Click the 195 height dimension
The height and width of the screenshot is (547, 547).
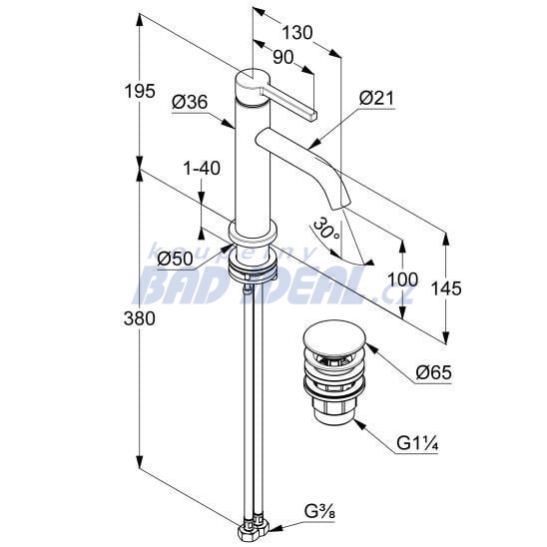(140, 92)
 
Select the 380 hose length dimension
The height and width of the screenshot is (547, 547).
(140, 318)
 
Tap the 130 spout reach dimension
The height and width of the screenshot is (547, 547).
(297, 33)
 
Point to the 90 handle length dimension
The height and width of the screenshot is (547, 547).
(282, 57)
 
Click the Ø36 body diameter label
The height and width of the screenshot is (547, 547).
(190, 102)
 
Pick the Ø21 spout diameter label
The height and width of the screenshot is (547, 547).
(376, 98)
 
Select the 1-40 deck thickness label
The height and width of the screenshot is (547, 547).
(202, 168)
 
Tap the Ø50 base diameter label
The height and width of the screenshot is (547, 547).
(175, 259)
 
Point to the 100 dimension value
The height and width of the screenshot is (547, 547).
(402, 279)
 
